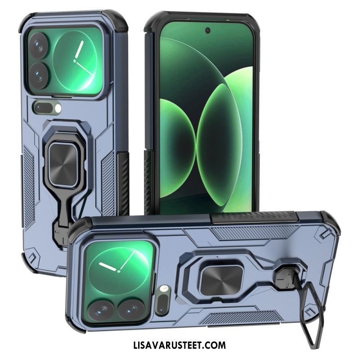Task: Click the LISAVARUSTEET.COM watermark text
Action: click(180, 345)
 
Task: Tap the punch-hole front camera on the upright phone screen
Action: click(208, 30)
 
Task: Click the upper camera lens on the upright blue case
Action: click(39, 45)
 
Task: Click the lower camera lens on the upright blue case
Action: click(39, 75)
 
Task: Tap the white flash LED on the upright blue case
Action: click(58, 108)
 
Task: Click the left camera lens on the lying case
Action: click(101, 310)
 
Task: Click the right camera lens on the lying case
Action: click(131, 309)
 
